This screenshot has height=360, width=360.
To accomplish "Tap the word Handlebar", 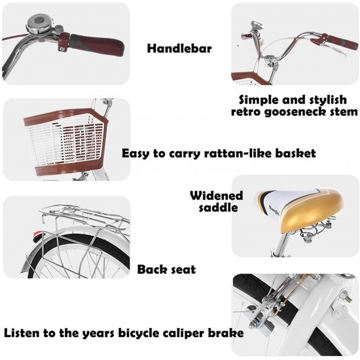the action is pos(179,48).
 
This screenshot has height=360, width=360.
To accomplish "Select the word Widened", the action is pos(216,196).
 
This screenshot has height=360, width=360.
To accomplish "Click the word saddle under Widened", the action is pos(218,207).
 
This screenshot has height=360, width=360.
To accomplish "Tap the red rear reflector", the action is pos(37,236).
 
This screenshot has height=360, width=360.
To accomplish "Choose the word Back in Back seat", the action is pos(151,270).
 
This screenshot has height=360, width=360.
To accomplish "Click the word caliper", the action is pos(181,333).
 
